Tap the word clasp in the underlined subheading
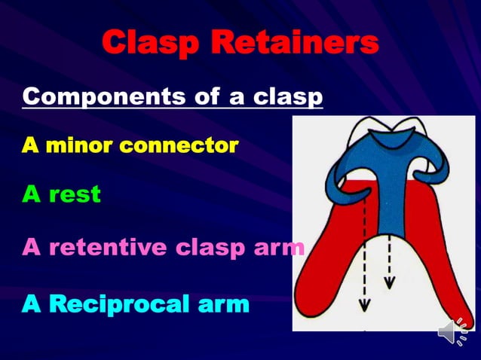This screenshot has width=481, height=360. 286,97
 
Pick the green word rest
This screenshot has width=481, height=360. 73,194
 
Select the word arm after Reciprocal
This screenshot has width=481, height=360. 219,305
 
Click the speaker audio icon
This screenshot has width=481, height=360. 452,332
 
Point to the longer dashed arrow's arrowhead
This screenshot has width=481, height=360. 364,306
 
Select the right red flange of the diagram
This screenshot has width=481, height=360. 445,256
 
